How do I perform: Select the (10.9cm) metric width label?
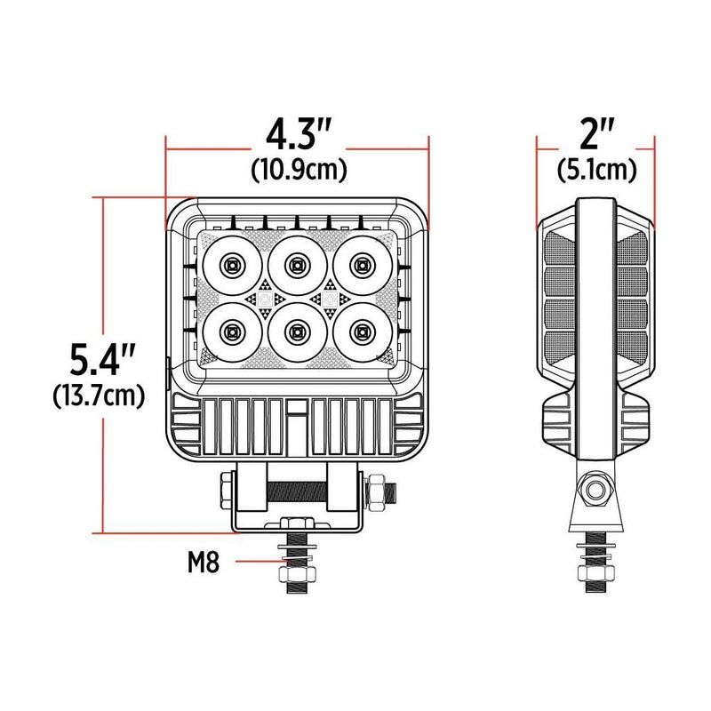click(298, 167)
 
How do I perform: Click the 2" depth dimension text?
click(596, 136)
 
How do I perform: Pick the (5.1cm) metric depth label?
click(596, 167)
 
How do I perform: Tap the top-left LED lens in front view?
click(231, 264)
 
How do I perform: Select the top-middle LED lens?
click(297, 264)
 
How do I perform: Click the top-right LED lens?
click(362, 264)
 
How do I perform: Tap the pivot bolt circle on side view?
click(595, 490)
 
